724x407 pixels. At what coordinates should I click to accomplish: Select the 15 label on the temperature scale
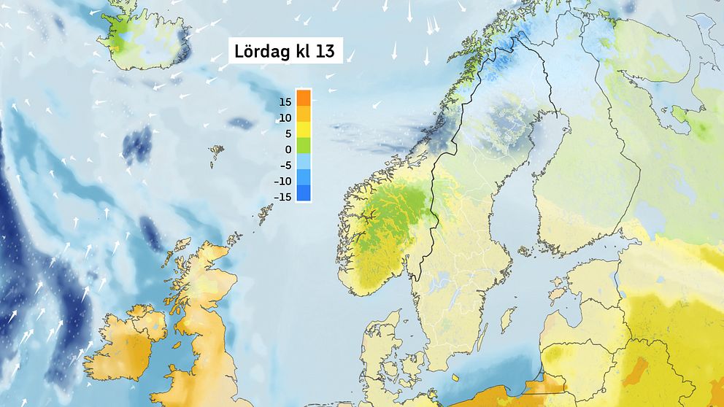click(285, 102)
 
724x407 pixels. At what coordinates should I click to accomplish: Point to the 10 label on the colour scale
click(285, 118)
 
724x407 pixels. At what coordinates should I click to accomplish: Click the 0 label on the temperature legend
click(288, 150)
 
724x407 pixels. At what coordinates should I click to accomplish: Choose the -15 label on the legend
click(283, 197)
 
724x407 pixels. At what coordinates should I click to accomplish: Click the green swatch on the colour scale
click(304, 145)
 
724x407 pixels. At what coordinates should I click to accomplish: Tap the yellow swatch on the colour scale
click(304, 129)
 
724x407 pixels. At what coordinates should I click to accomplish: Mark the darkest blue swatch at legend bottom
click(304, 193)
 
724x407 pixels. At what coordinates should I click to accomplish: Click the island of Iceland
click(146, 40)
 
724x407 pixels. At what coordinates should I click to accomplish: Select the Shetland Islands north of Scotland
click(263, 212)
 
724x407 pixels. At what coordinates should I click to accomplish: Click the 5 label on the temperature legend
click(288, 133)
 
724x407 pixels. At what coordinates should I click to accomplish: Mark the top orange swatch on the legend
click(304, 97)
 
